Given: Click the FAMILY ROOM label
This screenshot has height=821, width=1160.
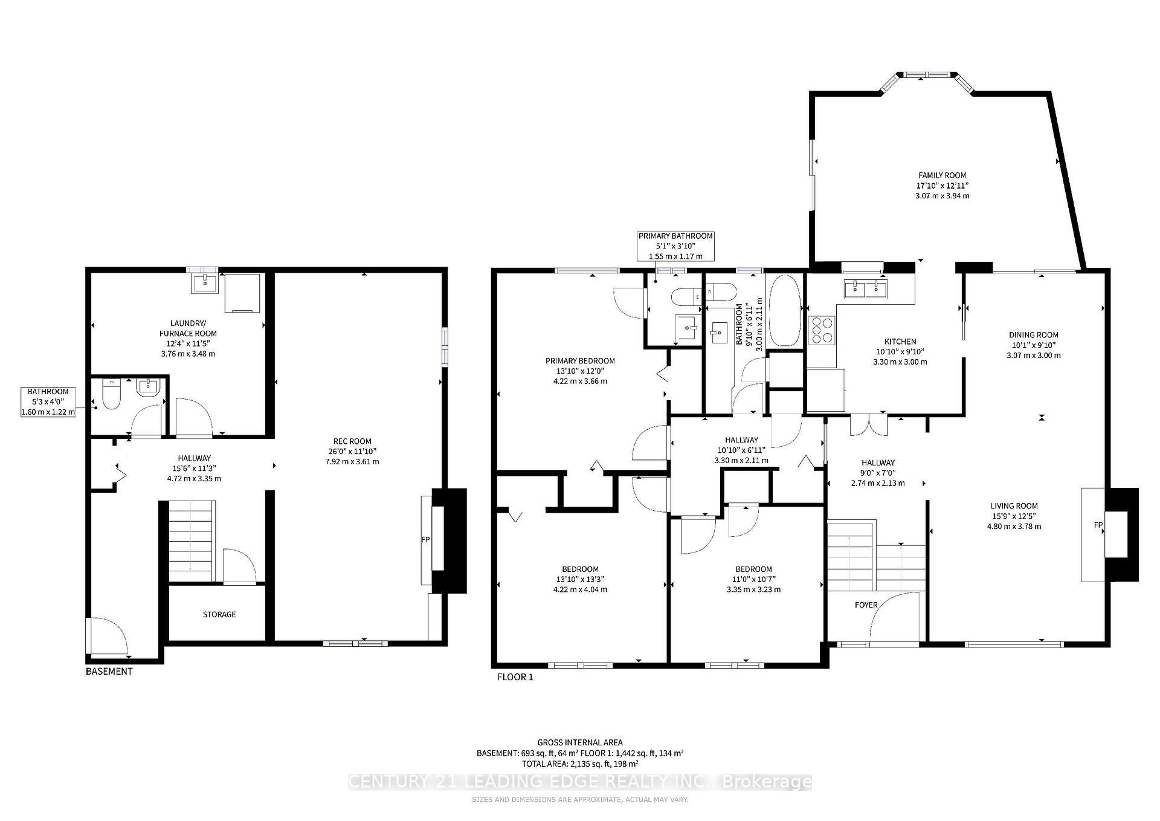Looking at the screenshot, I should coord(942,175).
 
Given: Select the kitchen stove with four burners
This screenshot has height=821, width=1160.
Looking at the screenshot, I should coord(822,331).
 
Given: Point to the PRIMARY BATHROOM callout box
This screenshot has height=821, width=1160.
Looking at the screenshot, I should coord(675,246).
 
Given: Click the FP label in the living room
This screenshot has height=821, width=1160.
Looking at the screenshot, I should coord(1098,524).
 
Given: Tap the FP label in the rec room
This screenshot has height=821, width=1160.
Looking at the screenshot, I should coord(425,539).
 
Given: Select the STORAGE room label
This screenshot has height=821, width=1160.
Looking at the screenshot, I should coord(219,614).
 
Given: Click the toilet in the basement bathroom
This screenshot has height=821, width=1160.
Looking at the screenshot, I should coord(112,395).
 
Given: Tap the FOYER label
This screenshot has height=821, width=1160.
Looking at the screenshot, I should coord(866,605).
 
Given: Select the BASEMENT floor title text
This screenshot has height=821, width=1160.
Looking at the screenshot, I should coord(109,671).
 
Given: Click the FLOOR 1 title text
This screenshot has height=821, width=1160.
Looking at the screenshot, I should coord(515,677).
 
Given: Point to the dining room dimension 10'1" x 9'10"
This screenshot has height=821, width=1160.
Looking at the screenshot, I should coord(1033,345).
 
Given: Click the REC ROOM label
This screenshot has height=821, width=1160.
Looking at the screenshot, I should coord(352,441).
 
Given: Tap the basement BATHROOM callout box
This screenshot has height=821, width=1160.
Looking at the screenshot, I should coord(48,402).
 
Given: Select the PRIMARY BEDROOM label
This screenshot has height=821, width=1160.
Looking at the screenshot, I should coord(580,361).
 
